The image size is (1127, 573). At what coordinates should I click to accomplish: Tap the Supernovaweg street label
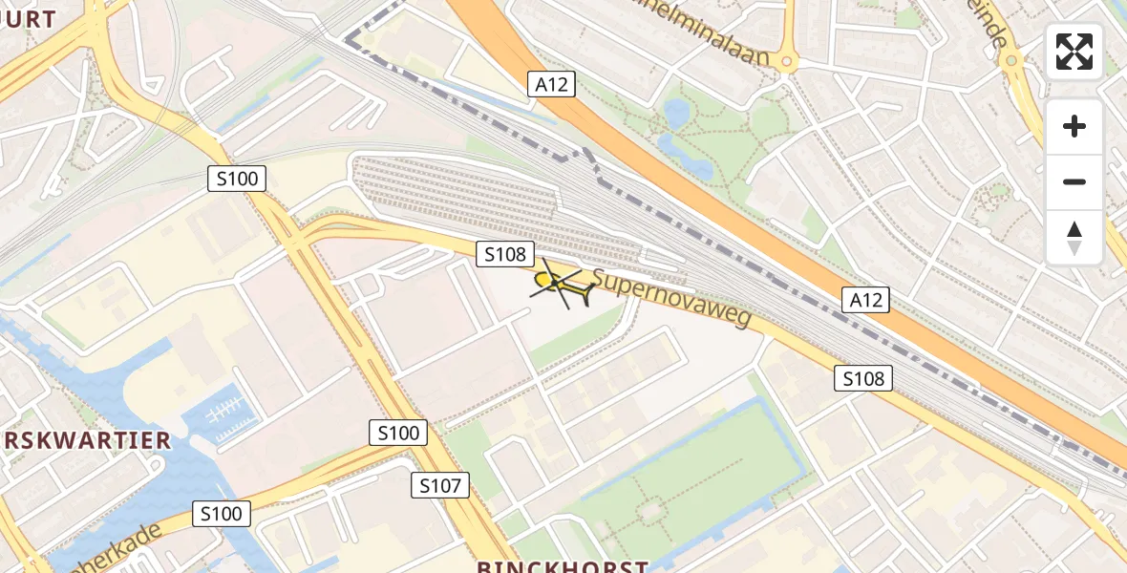click(x=671, y=297)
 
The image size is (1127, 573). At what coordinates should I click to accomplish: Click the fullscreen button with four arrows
click(x=1074, y=52)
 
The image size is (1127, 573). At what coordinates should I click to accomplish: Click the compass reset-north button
click(x=1074, y=238)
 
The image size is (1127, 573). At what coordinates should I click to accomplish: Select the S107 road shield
click(x=440, y=486)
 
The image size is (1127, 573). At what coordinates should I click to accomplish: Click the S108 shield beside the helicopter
click(x=505, y=254)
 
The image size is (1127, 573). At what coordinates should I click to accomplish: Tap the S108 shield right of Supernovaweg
click(x=864, y=378)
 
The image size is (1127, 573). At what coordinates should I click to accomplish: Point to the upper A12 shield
click(x=551, y=84)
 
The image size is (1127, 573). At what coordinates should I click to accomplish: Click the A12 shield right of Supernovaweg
click(x=866, y=300)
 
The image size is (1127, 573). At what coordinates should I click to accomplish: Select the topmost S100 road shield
click(x=238, y=178)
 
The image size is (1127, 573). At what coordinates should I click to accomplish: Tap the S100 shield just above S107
click(x=397, y=433)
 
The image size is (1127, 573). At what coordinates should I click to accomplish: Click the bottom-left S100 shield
click(x=222, y=514)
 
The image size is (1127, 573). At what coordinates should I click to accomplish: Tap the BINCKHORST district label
click(x=563, y=565)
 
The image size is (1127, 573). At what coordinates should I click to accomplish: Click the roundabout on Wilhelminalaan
click(x=787, y=62)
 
